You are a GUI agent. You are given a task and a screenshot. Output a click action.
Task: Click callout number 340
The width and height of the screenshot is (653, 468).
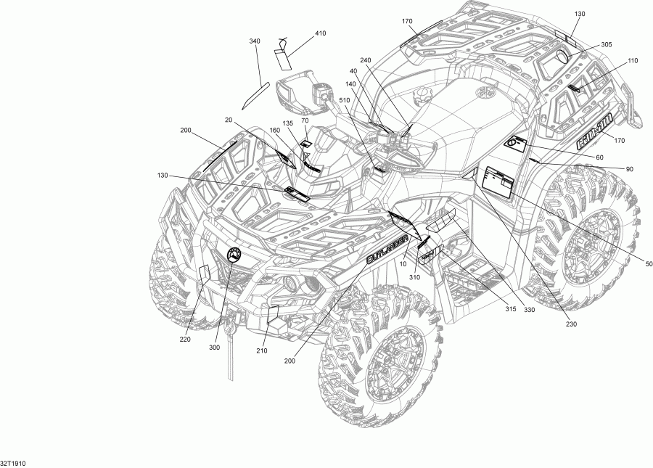click(x=254, y=41)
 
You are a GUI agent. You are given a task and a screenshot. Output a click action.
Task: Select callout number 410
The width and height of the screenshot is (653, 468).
click(x=320, y=33)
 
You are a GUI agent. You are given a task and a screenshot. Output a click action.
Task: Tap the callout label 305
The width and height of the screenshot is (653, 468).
click(x=606, y=45)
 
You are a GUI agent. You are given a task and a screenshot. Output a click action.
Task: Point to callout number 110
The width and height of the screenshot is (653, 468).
click(x=632, y=61)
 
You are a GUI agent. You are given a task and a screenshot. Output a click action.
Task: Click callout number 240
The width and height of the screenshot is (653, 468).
click(x=366, y=59)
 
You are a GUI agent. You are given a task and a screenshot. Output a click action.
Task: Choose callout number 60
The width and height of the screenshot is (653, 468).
click(x=599, y=157)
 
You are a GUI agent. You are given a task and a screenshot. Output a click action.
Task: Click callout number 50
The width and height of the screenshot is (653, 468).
click(x=648, y=263)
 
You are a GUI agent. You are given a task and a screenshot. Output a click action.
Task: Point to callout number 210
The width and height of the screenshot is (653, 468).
click(x=261, y=351)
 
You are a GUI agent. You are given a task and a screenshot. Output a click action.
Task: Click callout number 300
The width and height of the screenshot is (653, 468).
click(x=214, y=348)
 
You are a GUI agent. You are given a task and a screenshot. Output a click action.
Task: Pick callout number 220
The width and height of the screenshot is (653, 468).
click(x=185, y=340)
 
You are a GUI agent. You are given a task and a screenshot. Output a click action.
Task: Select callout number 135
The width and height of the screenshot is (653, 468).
click(x=288, y=123)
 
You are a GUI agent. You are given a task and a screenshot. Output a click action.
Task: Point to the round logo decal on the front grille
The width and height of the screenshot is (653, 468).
click(x=235, y=255)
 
